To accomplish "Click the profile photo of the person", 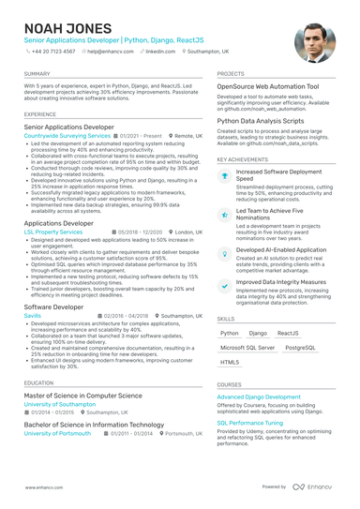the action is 315,42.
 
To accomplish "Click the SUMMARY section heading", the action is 37,73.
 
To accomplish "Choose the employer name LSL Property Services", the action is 53,231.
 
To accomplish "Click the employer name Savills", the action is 33,316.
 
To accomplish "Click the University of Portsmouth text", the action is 57,434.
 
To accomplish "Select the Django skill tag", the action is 258,333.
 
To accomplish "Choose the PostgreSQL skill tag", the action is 301,347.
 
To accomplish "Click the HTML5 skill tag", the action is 230,362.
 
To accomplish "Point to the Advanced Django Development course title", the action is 259,397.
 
